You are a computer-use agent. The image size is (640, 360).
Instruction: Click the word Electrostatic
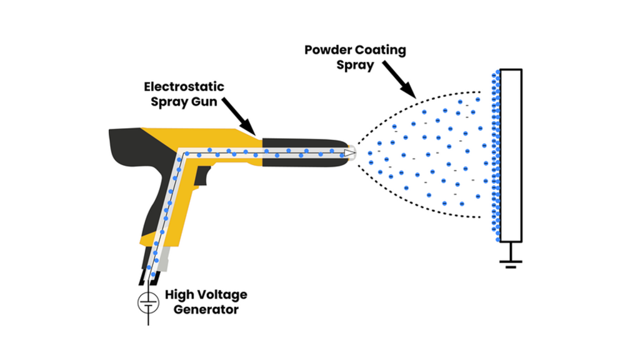184,86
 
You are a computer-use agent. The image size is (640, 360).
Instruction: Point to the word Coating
380,50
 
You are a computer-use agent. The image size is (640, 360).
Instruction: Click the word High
179,294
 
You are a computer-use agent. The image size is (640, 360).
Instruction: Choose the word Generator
201,309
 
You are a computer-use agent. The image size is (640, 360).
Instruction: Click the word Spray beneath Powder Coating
355,65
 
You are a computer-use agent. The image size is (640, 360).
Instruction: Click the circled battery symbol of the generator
148,303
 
